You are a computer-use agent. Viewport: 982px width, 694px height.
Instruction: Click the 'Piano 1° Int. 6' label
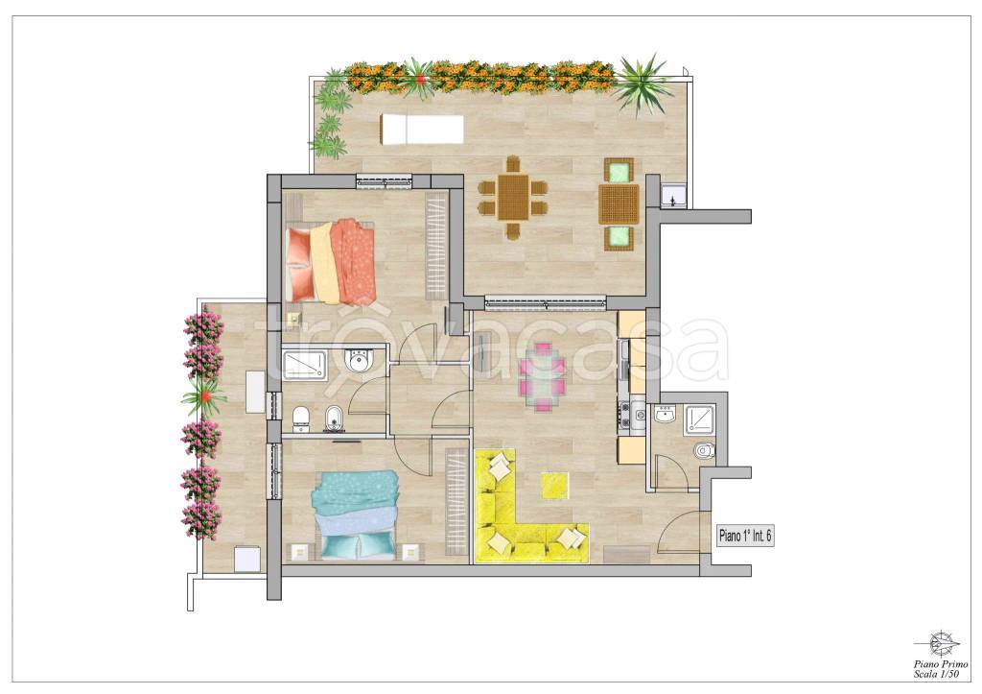point(745,536)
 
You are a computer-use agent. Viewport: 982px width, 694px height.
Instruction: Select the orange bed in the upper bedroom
point(331,261)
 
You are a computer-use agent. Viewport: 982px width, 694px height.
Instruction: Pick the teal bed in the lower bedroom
point(356,515)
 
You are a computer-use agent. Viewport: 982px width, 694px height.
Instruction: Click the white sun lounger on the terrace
point(421,129)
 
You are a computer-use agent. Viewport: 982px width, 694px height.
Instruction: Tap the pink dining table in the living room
point(543,377)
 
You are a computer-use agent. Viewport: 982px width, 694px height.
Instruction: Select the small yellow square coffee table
point(555,486)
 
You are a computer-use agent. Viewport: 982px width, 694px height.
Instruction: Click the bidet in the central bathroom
point(332,419)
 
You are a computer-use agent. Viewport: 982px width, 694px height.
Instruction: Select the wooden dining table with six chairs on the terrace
point(513,197)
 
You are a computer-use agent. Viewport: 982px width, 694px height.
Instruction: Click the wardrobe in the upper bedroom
point(437,247)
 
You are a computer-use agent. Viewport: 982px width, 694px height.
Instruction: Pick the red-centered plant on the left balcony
point(203,396)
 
